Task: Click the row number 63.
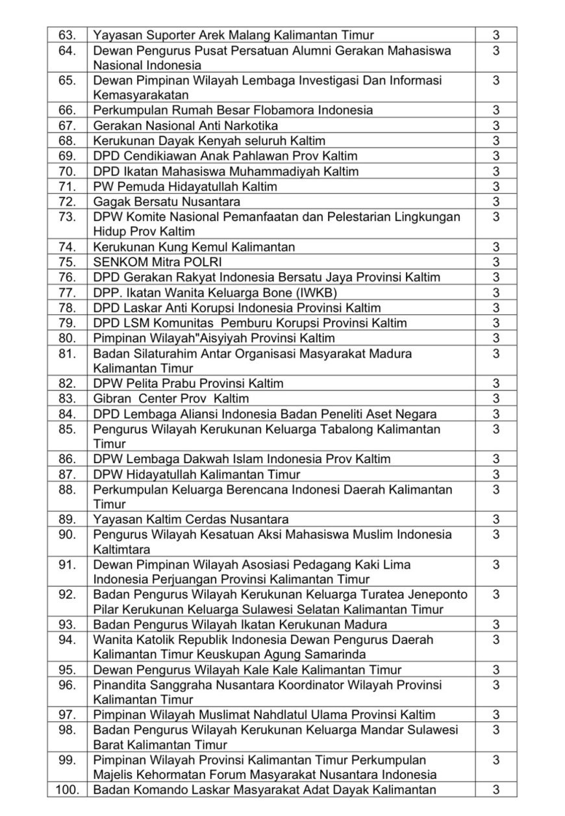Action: coord(68,35)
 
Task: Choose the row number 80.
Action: coord(68,338)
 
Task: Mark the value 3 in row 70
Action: coord(496,172)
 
